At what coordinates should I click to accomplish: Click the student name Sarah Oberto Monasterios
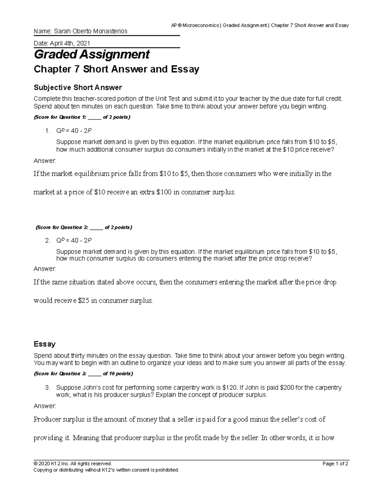[x=90, y=31]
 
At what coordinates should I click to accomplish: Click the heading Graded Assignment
[x=92, y=55]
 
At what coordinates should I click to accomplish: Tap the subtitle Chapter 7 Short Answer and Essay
[x=116, y=69]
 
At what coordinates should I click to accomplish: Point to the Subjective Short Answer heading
[x=78, y=87]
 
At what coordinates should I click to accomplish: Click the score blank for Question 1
[x=94, y=117]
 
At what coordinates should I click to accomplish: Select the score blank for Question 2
[x=96, y=228]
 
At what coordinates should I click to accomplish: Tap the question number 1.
[x=48, y=131]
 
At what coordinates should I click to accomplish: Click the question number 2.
[x=48, y=241]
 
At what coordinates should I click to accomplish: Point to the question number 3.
[x=48, y=388]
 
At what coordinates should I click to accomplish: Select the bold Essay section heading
[x=45, y=344]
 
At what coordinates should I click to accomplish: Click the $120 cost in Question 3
[x=229, y=388]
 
